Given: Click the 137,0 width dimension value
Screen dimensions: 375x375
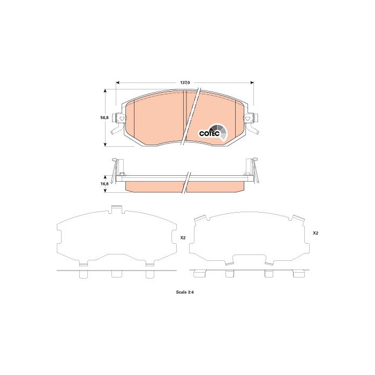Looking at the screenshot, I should (x=184, y=82).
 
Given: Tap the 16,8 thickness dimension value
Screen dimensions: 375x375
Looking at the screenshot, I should (x=104, y=183).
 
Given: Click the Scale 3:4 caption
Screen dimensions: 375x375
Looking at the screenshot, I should (x=184, y=291).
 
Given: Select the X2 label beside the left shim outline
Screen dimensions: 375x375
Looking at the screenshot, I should (x=182, y=238).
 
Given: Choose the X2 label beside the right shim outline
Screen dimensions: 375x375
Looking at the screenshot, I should (x=316, y=234).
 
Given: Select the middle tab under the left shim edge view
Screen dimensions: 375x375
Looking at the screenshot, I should (x=116, y=274).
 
